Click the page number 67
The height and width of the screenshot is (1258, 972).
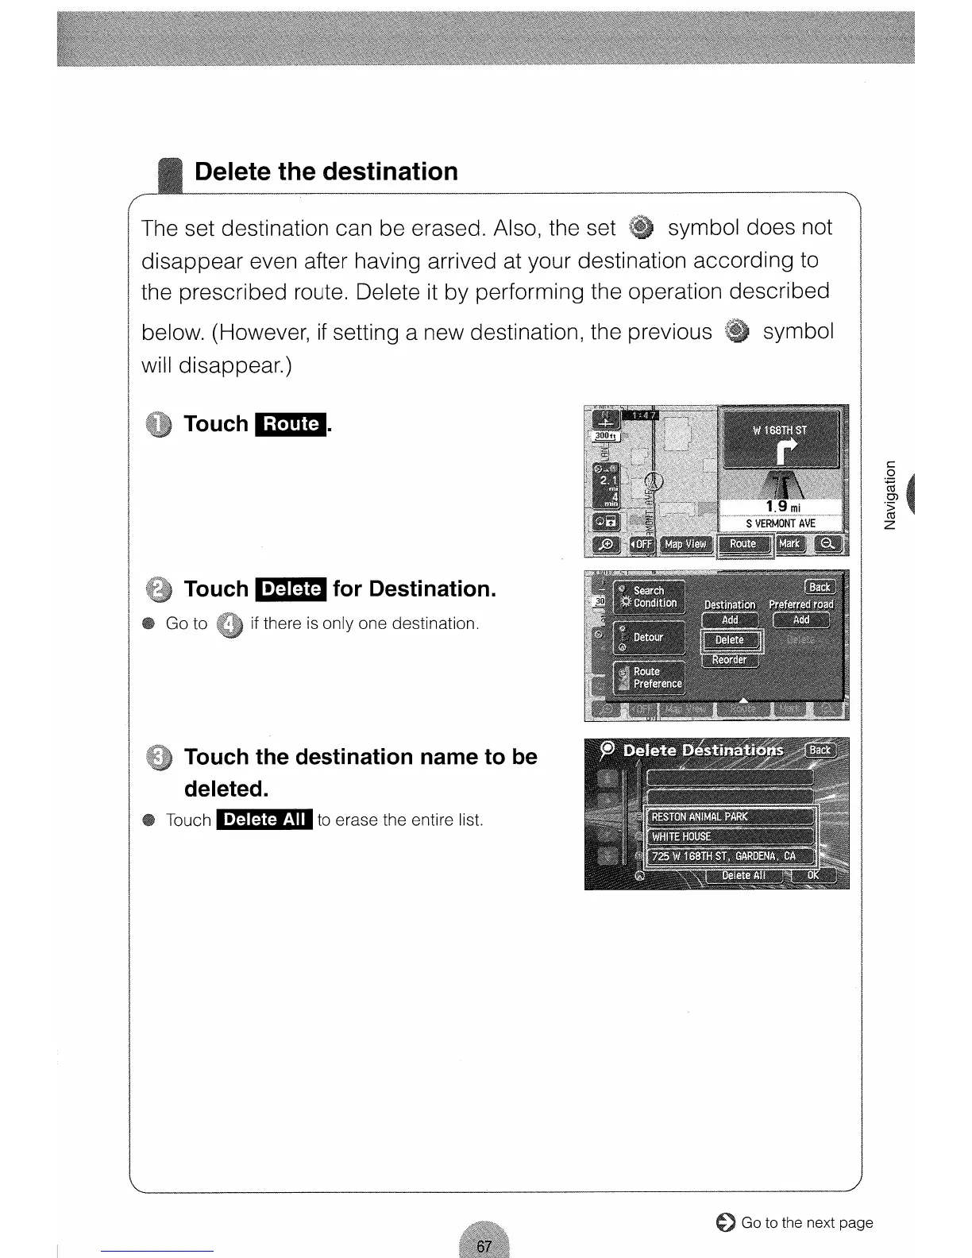484,1246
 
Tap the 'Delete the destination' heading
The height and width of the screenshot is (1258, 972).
326,172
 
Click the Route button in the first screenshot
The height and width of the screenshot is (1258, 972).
744,544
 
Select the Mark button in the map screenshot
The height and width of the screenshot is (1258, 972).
789,544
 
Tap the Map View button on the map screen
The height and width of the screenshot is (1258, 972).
685,544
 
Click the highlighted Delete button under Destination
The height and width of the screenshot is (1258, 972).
730,640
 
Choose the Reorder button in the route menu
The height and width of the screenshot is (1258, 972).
730,660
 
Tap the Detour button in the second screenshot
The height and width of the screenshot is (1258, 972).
648,637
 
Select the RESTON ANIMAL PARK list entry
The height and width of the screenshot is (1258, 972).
731,816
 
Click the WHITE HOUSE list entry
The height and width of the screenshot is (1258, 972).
731,836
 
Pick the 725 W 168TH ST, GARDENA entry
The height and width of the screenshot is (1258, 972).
731,856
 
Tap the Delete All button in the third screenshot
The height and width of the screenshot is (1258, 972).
743,875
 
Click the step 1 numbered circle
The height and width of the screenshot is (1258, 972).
159,426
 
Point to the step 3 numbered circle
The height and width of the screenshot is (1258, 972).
159,758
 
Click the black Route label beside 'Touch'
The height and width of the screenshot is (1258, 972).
291,424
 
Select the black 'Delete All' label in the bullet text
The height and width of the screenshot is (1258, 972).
264,820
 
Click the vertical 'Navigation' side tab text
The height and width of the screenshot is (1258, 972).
890,494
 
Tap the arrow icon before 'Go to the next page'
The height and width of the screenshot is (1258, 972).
724,1223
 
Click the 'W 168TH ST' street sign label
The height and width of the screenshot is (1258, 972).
779,430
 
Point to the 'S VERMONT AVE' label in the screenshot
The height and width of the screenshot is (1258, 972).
780,523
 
